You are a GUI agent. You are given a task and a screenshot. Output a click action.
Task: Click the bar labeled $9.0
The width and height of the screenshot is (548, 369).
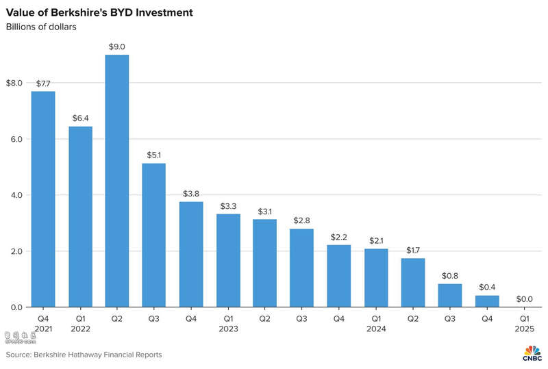pos(116,181)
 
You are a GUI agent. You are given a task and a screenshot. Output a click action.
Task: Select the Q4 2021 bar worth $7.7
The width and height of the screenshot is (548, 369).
pos(42,199)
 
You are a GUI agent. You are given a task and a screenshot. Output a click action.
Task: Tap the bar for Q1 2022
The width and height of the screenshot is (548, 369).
pos(79,217)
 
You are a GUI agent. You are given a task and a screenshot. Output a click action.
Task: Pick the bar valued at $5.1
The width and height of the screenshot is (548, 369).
pos(153,235)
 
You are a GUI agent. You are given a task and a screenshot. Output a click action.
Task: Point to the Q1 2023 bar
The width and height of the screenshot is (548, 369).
pos(228,260)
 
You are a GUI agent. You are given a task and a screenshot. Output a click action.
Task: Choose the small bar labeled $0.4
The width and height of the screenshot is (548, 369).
pos(487,301)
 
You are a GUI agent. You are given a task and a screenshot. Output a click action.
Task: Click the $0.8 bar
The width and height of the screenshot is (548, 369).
pos(450,296)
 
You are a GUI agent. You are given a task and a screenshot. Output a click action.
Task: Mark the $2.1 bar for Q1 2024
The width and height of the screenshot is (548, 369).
pos(376,277)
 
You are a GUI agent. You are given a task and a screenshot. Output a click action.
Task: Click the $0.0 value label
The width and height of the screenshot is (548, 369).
pos(524,298)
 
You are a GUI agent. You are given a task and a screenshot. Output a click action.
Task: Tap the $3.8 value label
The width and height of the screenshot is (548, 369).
pos(190,193)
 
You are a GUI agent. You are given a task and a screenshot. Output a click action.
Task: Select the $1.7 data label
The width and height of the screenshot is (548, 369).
pos(413,250)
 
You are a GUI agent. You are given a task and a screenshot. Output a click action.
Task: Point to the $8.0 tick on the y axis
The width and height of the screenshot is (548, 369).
pos(14,84)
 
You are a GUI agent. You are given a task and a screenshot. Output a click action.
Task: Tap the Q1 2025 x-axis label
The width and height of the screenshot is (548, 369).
pos(524,324)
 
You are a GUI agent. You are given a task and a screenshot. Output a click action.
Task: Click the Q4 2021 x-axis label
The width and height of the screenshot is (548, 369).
pos(42,324)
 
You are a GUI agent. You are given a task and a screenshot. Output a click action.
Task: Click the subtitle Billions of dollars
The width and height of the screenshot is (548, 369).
pos(41,27)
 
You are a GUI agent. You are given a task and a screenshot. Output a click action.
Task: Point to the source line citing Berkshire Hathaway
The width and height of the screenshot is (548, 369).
pos(84,355)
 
